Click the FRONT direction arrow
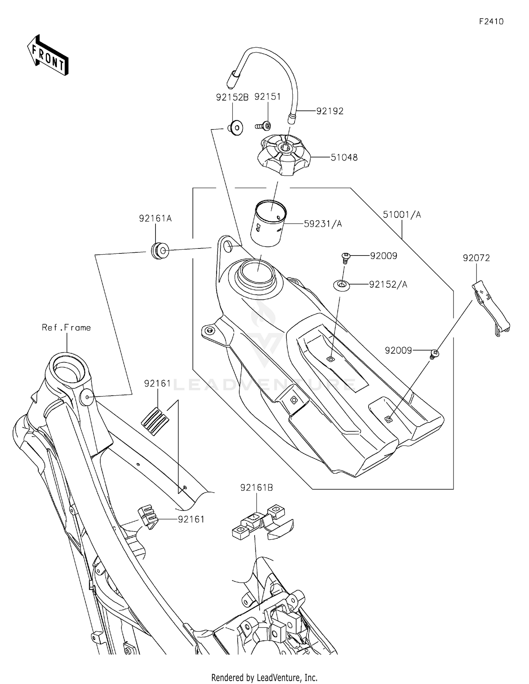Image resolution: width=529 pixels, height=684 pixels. tap(48, 55)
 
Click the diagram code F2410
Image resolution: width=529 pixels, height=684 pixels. tap(491, 22)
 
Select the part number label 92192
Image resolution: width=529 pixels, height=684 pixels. tap(329, 111)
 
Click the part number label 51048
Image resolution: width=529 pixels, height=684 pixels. tap(344, 157)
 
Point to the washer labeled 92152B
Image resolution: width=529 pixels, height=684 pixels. tap(235, 127)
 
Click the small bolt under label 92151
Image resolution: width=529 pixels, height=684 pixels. tap(263, 125)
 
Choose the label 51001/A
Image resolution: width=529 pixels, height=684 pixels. tap(402, 215)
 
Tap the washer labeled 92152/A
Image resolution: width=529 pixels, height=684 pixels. tap(342, 284)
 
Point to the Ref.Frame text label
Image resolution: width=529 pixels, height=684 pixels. tap(66, 328)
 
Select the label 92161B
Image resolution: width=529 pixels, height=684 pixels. tap(256, 487)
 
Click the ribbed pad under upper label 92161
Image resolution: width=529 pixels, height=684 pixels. tap(155, 421)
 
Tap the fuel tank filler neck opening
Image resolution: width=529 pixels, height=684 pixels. tap(256, 272)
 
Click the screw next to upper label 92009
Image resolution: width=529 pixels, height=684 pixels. tap(346, 257)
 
